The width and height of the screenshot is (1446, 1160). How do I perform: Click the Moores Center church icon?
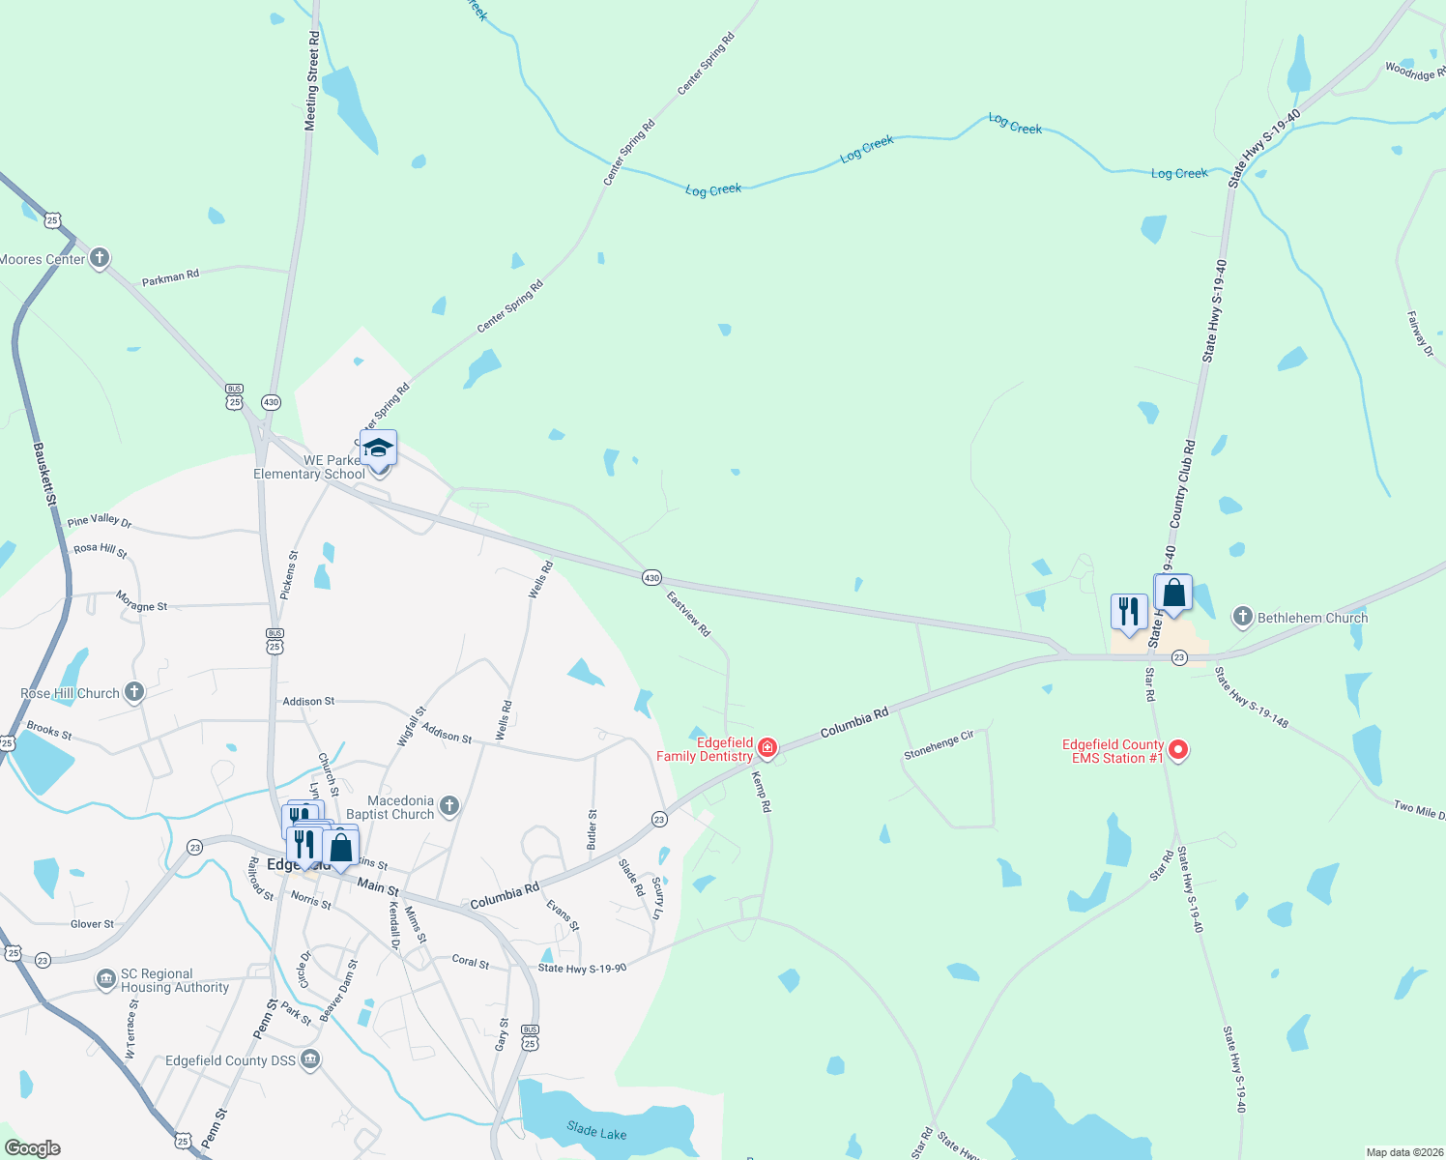[x=100, y=258]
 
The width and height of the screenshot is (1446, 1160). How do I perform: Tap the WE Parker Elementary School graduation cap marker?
[x=378, y=449]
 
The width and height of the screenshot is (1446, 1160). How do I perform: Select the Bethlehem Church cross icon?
[x=1243, y=617]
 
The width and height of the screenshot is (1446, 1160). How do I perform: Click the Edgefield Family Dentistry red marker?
[x=767, y=747]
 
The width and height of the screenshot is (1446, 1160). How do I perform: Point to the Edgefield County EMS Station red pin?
[x=1178, y=750]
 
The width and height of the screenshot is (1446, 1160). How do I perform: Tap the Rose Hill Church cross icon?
[x=134, y=692]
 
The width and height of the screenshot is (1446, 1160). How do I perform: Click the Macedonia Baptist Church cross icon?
[x=448, y=805]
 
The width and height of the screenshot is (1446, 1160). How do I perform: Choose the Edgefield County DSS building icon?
[x=310, y=1059]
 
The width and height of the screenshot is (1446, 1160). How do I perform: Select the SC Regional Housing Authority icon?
[x=105, y=979]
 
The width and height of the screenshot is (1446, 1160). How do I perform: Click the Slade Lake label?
[x=596, y=1131]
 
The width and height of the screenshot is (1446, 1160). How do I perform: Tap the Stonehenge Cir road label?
[x=939, y=744]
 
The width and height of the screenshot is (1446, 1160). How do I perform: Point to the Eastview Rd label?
[x=688, y=614]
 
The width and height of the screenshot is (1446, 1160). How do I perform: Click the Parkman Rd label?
[x=170, y=277]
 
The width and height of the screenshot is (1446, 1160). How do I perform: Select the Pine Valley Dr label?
[x=100, y=521]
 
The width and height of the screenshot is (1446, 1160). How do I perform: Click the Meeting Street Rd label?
[x=311, y=80]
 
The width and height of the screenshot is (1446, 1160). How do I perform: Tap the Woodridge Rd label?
[x=1415, y=71]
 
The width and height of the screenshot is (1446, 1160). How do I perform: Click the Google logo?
[x=33, y=1148]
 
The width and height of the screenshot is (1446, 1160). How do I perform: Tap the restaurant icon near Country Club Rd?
[x=1128, y=612]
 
